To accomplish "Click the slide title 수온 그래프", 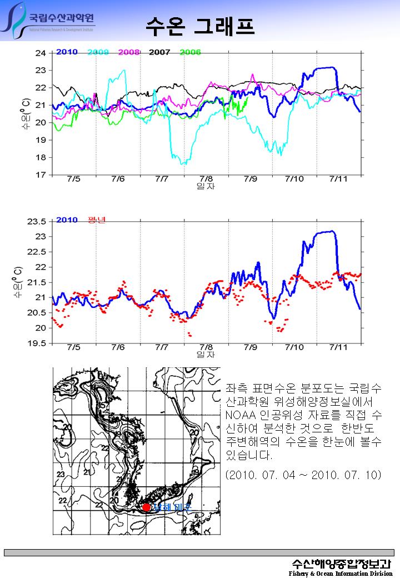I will [201, 26].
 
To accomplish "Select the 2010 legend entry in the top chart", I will [67, 52].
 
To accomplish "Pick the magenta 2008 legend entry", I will [128, 52].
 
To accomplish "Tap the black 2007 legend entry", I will [159, 52].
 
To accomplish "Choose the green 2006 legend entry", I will [190, 52].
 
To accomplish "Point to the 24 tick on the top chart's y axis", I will [41, 53].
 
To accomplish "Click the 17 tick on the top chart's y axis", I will [41, 175].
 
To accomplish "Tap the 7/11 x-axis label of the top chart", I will [338, 179].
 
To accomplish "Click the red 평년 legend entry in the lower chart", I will [97, 220].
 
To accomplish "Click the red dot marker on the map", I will [146, 507].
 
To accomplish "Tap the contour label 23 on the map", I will [61, 474].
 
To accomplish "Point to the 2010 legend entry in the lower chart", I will [67, 220].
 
